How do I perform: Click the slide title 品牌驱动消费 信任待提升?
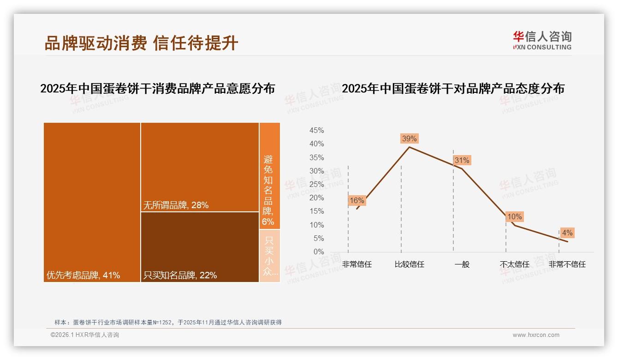(x=141, y=43)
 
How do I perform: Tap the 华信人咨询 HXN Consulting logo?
(x=542, y=41)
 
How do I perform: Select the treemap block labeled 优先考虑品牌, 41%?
(x=92, y=202)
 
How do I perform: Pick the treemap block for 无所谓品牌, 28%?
(x=200, y=167)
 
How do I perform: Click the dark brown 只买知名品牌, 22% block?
(x=200, y=247)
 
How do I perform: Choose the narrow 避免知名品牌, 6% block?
(x=269, y=175)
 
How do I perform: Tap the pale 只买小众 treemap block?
(x=269, y=256)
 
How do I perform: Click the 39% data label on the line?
(x=409, y=138)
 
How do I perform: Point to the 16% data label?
(x=357, y=200)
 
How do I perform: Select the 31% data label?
(x=462, y=160)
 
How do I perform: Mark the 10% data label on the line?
(x=514, y=216)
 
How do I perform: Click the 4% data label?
(x=567, y=233)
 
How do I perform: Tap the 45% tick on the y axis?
(x=316, y=131)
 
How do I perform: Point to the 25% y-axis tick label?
(x=316, y=185)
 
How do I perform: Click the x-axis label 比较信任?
(x=409, y=264)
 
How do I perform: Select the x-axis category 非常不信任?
(x=567, y=264)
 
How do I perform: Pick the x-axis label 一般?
(x=462, y=264)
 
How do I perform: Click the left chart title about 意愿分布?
(x=158, y=89)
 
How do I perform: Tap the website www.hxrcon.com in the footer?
(x=536, y=335)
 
